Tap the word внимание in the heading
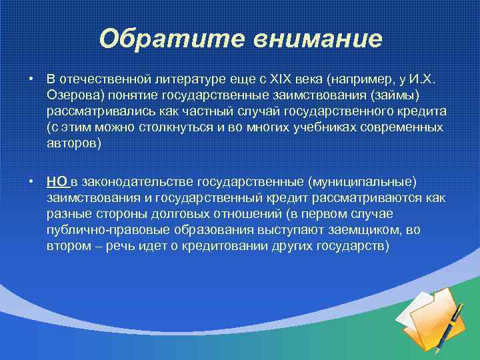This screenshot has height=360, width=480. pos(317,39)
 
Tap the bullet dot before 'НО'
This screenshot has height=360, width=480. pos(31,182)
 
